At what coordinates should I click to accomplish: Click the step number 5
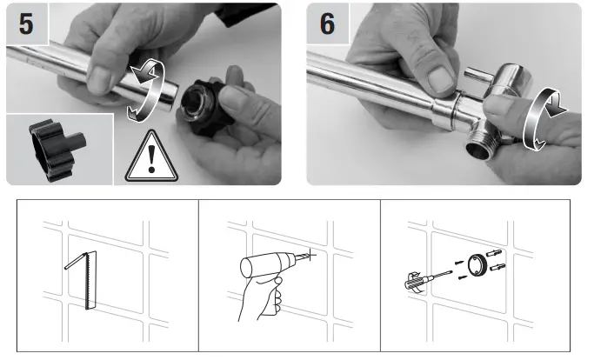pyautogui.click(x=27, y=23)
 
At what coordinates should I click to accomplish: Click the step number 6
pyautogui.click(x=328, y=23)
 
